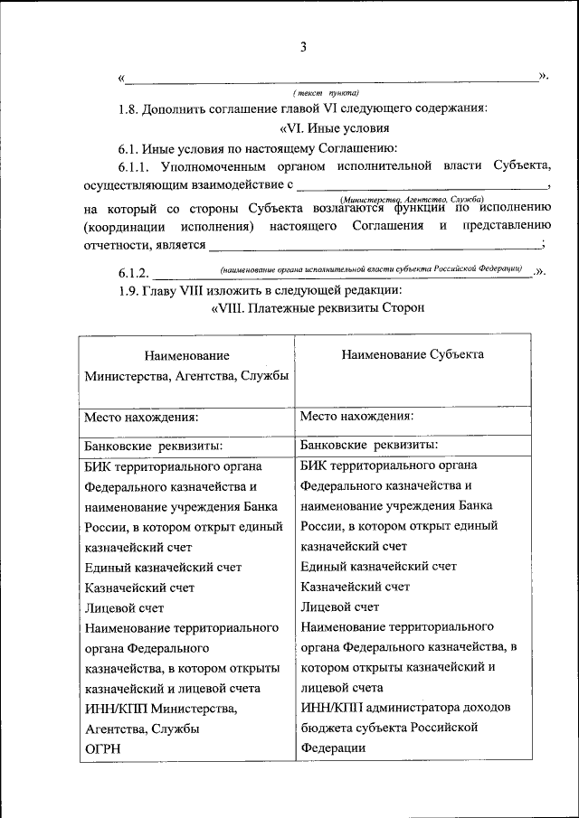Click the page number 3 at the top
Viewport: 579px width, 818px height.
pyautogui.click(x=304, y=47)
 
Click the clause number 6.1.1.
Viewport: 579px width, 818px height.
pyautogui.click(x=135, y=167)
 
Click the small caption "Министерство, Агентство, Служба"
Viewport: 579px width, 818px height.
pyautogui.click(x=412, y=198)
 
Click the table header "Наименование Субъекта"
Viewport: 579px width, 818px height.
pyautogui.click(x=412, y=354)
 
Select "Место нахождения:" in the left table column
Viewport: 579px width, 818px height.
pyautogui.click(x=141, y=418)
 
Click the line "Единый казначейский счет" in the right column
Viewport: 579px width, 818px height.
pyautogui.click(x=378, y=566)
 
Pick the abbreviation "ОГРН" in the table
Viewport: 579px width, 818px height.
pyautogui.click(x=102, y=748)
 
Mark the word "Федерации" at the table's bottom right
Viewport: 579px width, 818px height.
pyautogui.click(x=333, y=747)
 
